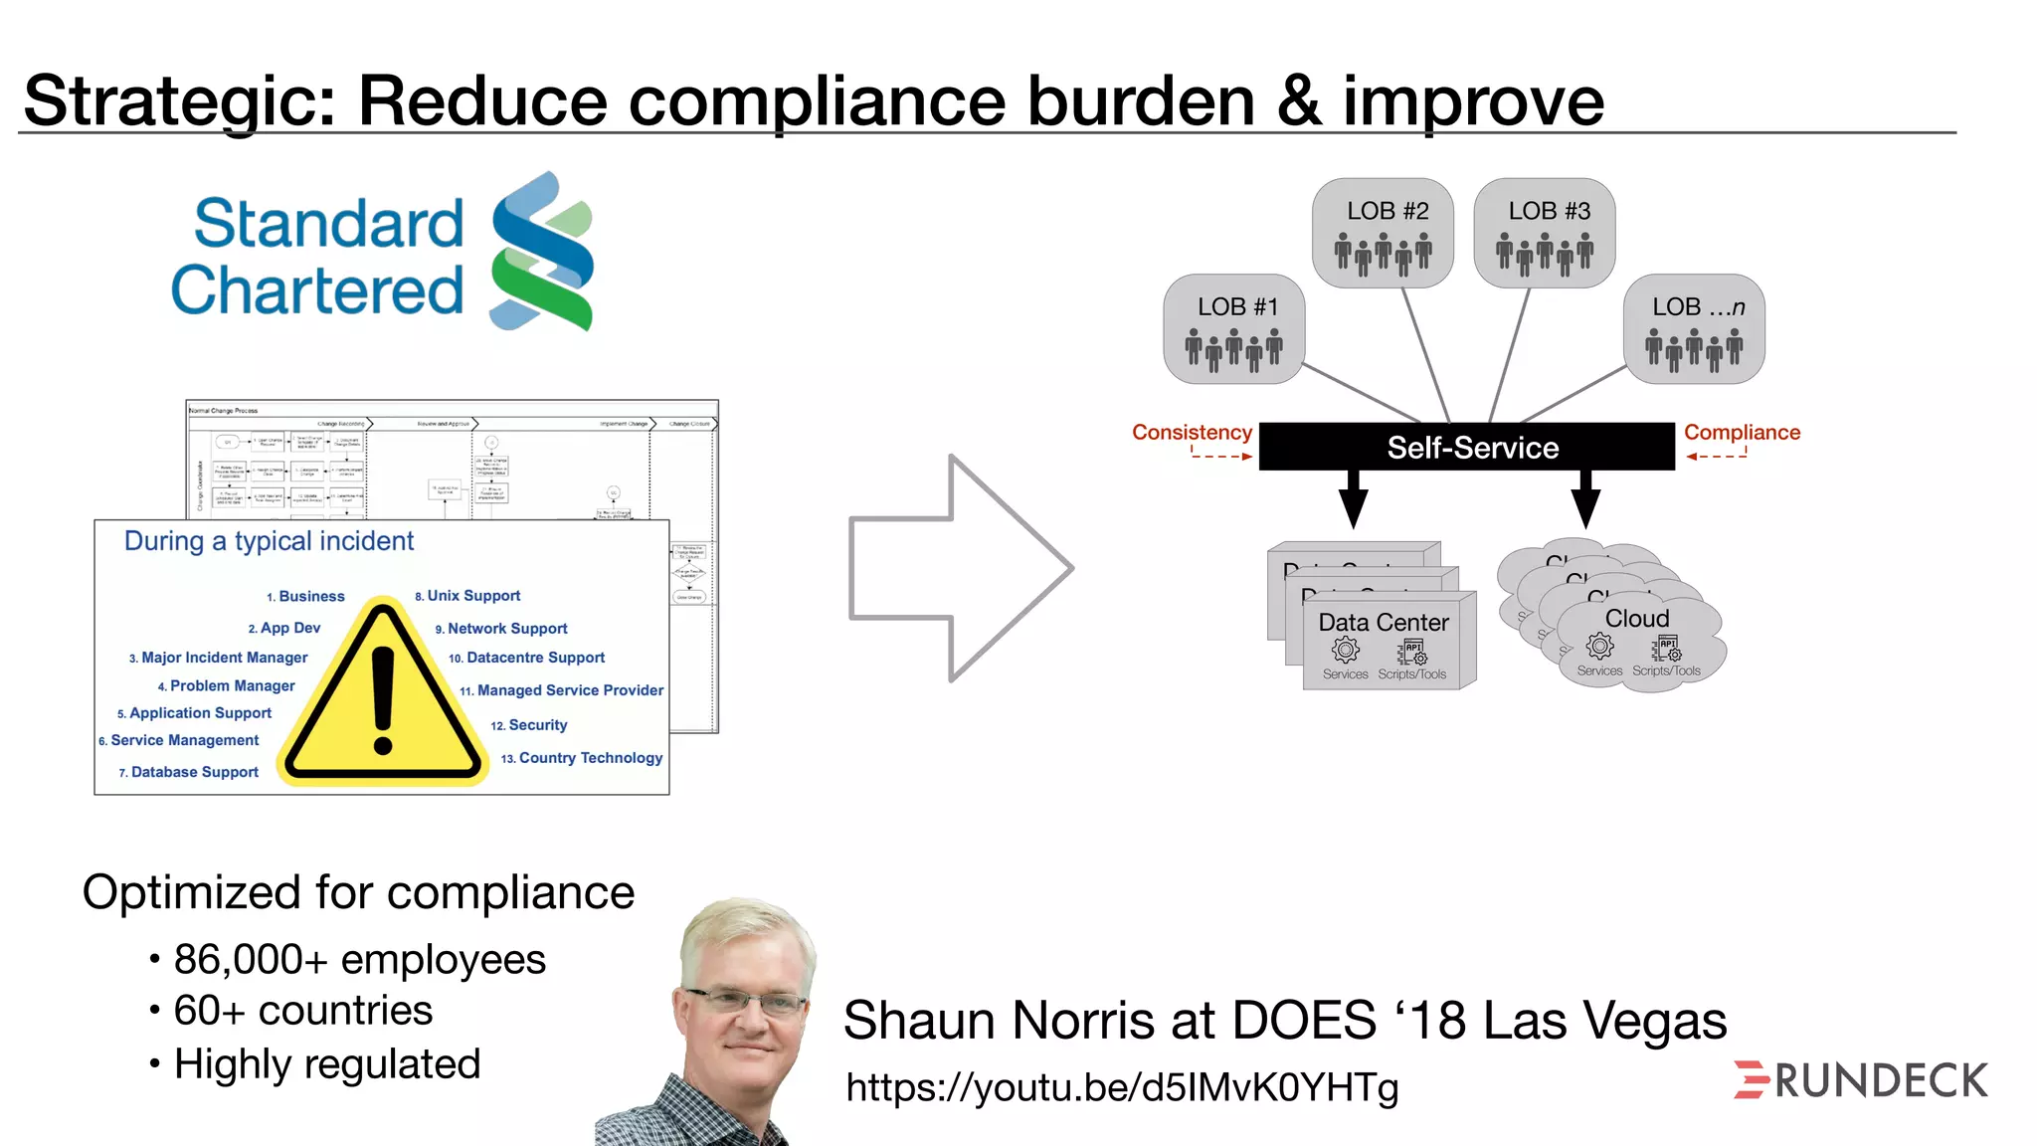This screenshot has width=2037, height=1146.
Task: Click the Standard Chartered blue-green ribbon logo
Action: click(542, 252)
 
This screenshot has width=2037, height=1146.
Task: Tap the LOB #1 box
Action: click(1234, 329)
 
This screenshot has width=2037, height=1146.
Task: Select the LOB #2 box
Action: click(1383, 233)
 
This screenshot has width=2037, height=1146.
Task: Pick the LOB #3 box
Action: click(1545, 233)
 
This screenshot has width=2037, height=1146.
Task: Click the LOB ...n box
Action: click(1694, 329)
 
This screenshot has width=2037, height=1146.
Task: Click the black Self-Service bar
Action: click(1467, 447)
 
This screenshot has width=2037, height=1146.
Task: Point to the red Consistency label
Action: click(1192, 433)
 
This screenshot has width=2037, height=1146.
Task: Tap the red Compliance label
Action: click(1742, 433)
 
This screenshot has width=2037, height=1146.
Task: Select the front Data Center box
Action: click(1388, 642)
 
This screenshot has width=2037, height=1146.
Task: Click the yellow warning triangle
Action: click(383, 696)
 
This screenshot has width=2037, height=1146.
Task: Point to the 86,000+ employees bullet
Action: click(359, 960)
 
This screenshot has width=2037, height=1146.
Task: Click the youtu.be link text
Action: click(1122, 1087)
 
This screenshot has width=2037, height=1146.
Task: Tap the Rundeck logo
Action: click(1860, 1080)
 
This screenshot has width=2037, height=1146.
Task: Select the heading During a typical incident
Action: click(269, 541)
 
